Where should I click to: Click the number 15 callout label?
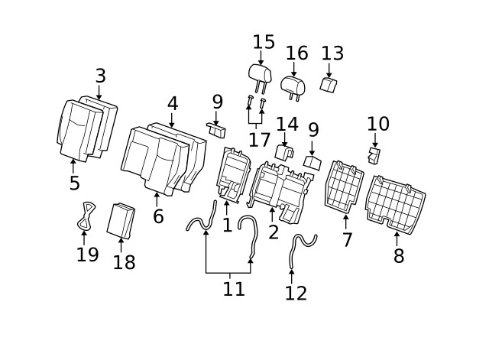(x=264, y=42)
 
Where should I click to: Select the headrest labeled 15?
(x=260, y=73)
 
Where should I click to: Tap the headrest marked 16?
(x=293, y=86)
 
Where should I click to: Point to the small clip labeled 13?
(x=329, y=85)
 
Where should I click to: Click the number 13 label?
(x=332, y=54)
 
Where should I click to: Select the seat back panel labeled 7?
(x=345, y=186)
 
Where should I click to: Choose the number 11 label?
(x=234, y=290)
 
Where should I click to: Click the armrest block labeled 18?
(x=121, y=221)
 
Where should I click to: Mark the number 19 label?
(x=87, y=255)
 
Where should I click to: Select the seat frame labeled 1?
(x=235, y=177)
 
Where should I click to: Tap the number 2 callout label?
(x=273, y=232)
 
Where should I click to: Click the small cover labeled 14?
(x=283, y=152)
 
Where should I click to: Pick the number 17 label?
(x=260, y=140)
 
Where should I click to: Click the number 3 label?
(x=100, y=76)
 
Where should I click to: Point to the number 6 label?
(x=158, y=216)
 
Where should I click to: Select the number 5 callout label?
(x=74, y=183)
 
